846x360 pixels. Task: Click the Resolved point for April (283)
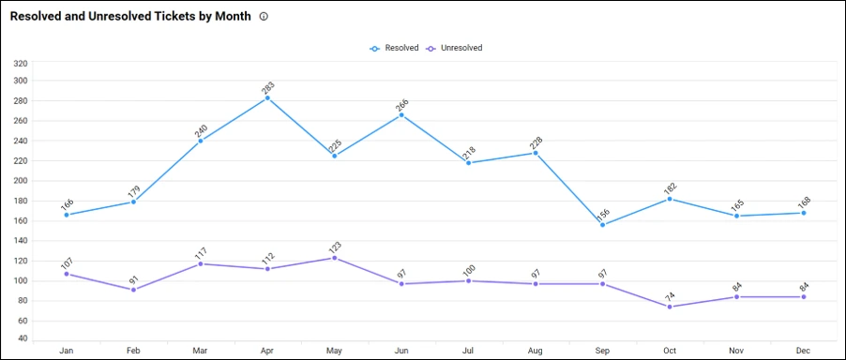(267, 97)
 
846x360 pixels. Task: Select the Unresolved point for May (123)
(334, 258)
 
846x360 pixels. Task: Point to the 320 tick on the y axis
(21, 64)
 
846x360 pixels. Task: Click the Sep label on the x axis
(603, 351)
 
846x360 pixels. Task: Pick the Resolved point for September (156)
(603, 225)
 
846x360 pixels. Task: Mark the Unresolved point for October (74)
(670, 307)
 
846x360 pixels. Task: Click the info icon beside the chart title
(264, 17)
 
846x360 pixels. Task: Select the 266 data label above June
(401, 104)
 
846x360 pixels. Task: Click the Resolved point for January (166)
(67, 215)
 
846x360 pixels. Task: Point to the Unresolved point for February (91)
(133, 290)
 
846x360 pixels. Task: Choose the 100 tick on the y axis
(21, 280)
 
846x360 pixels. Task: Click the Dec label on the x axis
(804, 351)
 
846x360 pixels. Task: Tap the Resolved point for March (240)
(201, 141)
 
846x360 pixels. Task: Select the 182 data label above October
(670, 188)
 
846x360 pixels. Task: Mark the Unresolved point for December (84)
(804, 297)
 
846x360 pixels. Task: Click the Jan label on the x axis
(67, 351)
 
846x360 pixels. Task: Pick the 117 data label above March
(201, 253)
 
